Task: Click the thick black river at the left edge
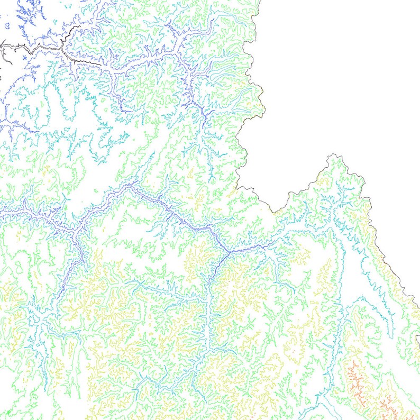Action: pos(3,47)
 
